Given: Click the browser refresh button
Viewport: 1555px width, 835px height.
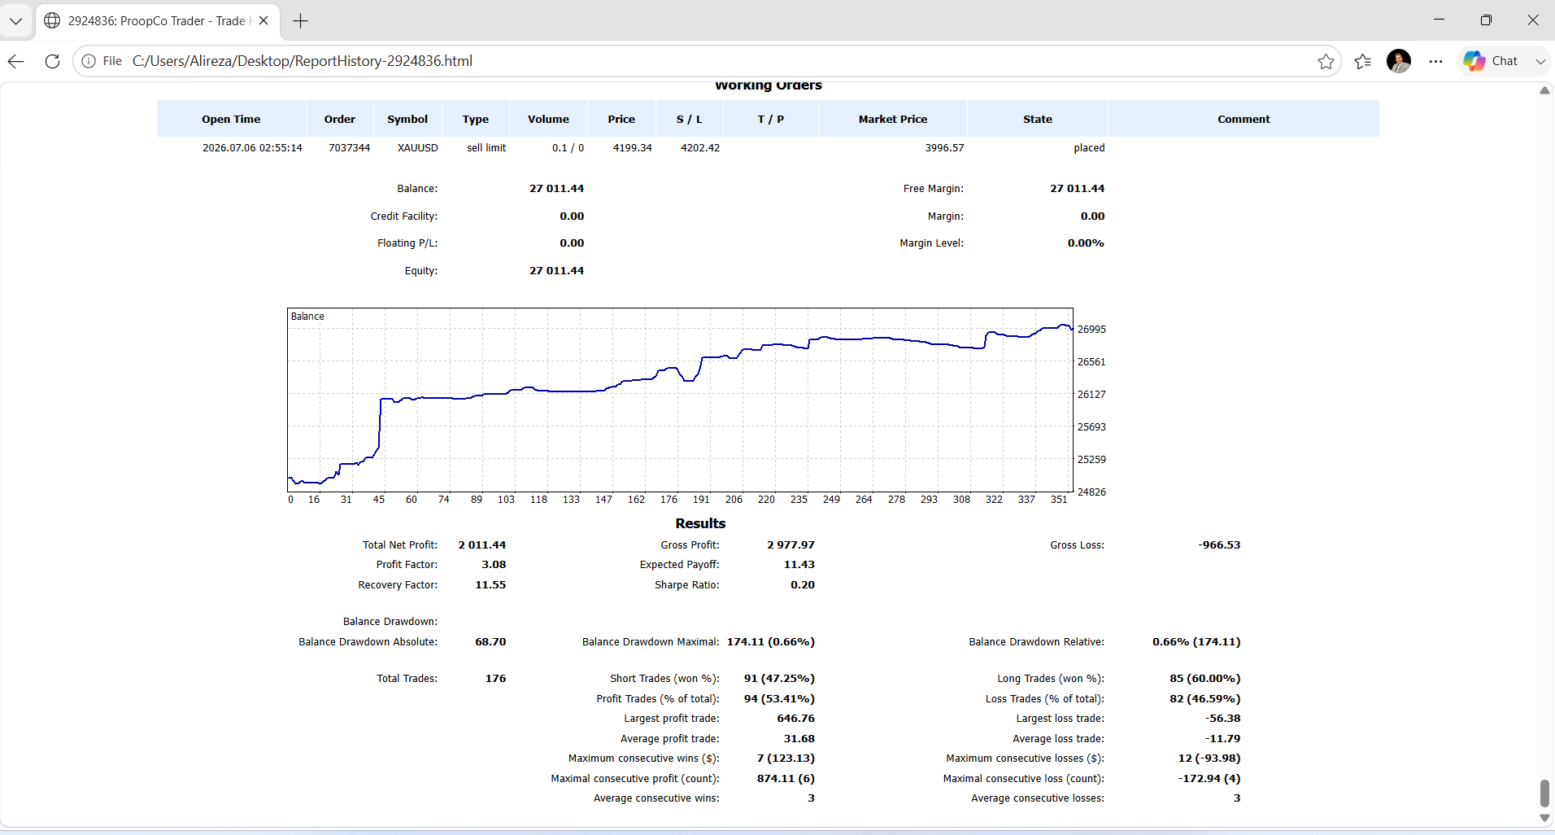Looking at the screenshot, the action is click(x=52, y=61).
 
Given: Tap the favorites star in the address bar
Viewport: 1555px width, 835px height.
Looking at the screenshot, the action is click(x=1326, y=61).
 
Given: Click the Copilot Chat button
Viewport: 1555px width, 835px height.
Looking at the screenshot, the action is click(x=1491, y=61).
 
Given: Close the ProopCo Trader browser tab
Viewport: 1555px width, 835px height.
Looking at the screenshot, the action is click(x=264, y=20).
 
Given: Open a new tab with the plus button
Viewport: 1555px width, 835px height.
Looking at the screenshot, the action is click(x=300, y=21).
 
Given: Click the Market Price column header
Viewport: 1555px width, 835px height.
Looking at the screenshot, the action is click(x=893, y=119).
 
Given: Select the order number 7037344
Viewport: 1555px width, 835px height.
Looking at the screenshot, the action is click(x=349, y=148).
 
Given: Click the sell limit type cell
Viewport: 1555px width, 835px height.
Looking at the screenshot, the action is click(x=486, y=148).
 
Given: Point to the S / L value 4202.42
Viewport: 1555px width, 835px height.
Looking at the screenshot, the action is click(x=700, y=148).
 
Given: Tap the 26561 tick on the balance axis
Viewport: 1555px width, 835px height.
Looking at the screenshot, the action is click(x=1091, y=362).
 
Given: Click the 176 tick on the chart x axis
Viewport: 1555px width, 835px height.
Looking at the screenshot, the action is click(x=669, y=500).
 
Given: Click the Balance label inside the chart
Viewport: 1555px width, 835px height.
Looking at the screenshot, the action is click(x=307, y=317).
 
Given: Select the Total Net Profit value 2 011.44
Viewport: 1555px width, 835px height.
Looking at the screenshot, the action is click(x=482, y=545).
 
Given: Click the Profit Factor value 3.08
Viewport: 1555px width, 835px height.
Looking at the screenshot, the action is click(x=494, y=565).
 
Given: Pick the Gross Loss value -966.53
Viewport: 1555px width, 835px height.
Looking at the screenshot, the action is click(x=1219, y=545).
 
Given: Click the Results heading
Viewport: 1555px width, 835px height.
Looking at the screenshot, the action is click(x=700, y=523).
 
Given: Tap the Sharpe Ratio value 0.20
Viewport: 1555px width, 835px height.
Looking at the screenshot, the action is click(x=803, y=585).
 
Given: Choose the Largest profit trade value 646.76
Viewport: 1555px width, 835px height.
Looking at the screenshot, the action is click(x=796, y=719).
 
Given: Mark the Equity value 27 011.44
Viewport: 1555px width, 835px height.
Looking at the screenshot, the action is click(x=557, y=271).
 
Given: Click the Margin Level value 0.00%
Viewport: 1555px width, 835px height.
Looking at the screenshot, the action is click(x=1086, y=243).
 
